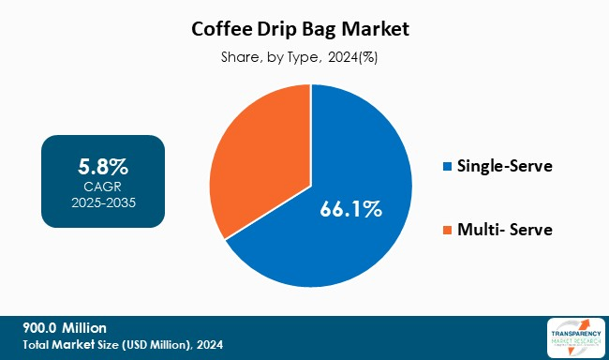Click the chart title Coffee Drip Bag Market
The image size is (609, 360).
[304, 29]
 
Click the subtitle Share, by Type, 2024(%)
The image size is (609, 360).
[304, 57]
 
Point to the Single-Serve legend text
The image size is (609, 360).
[504, 167]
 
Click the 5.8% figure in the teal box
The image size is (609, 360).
[103, 168]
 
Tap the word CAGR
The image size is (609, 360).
[103, 187]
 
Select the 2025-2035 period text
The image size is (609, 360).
[103, 202]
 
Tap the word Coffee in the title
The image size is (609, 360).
[226, 29]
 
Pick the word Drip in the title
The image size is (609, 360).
[280, 29]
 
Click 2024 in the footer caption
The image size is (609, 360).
[207, 345]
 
